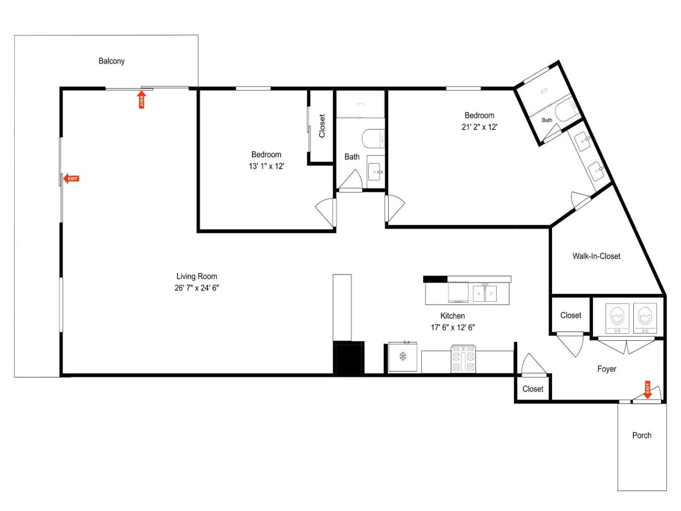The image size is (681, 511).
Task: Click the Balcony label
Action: click(111, 61)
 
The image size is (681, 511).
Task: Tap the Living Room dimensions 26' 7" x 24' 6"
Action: click(197, 288)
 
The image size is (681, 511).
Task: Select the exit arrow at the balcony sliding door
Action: click(142, 99)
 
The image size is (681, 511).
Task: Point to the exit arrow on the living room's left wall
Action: click(72, 179)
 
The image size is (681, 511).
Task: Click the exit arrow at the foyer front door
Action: click(647, 389)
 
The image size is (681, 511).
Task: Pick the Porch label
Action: click(642, 435)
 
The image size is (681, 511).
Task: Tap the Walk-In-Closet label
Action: click(596, 256)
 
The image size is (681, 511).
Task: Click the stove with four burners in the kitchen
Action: click(463, 359)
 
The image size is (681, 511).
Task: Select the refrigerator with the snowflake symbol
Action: click(403, 356)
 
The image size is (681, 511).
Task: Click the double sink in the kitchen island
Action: click(484, 293)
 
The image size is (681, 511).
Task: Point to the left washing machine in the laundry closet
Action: click(617, 318)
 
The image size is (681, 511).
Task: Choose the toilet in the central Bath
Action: click(373, 139)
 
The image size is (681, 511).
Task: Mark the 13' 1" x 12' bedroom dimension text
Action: click(266, 166)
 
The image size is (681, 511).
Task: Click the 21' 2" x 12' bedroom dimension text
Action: click(479, 127)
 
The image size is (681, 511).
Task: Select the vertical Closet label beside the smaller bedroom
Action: click(322, 126)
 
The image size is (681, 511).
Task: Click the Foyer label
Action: click(607, 369)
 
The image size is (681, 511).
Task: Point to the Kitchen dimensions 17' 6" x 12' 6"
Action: click(453, 328)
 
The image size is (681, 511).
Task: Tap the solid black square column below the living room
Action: click(348, 358)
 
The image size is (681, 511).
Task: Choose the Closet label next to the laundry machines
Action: click(571, 315)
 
